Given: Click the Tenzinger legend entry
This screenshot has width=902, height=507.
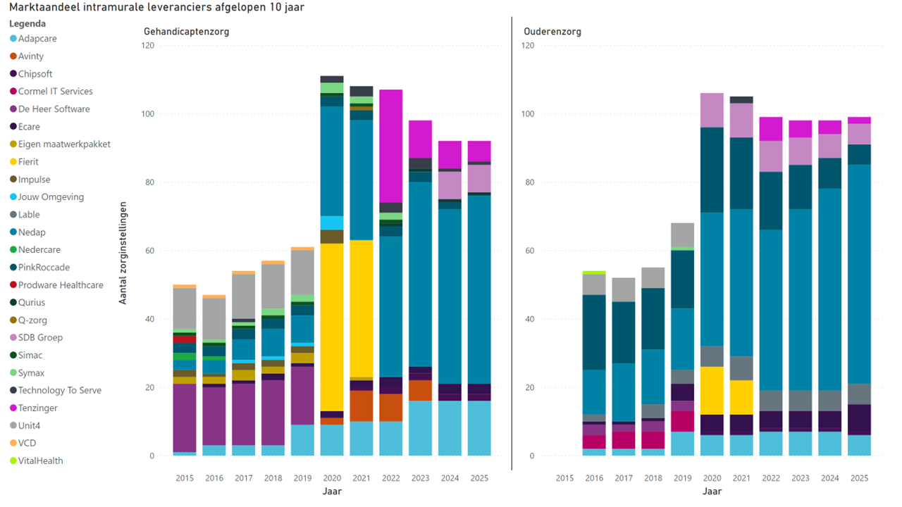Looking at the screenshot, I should tap(37, 408).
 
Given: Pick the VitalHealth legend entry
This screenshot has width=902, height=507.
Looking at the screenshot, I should tap(40, 461).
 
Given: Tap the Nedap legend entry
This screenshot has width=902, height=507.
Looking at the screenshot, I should tap(32, 232).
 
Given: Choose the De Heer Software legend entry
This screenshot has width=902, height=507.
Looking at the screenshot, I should tap(54, 109).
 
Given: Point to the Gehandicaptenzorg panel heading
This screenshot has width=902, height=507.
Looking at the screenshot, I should tap(186, 32).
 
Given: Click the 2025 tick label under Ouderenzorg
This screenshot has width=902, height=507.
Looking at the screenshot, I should tap(859, 479).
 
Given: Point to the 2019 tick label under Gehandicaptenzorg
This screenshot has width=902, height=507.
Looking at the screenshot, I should tap(302, 479).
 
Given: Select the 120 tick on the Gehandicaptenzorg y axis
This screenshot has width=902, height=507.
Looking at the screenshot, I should tap(147, 46).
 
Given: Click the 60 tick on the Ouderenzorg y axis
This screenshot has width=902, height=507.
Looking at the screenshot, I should tap(529, 251).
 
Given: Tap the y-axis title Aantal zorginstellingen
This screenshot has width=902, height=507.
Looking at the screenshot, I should tap(123, 253).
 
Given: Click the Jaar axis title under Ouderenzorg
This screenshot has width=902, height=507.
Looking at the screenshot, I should tap(712, 492).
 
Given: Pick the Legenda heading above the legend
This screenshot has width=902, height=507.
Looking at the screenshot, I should tap(32, 24).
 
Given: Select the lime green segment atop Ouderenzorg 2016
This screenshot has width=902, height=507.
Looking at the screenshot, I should tap(593, 273).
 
